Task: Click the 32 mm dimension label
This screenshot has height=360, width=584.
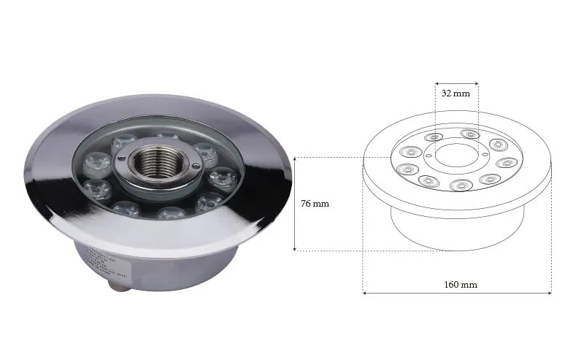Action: (456, 93)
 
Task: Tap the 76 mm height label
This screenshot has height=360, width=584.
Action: (315, 204)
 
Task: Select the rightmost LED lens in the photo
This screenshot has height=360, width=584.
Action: (220, 177)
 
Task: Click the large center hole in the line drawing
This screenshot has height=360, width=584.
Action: (456, 154)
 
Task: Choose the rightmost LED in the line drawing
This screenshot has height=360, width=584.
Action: (506, 163)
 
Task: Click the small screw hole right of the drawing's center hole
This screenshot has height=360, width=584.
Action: (481, 154)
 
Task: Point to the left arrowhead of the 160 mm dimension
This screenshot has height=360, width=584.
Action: (365, 294)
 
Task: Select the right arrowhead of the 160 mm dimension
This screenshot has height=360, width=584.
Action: (550, 294)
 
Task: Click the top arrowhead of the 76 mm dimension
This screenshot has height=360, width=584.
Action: (295, 158)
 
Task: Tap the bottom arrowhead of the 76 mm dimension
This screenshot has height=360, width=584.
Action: (295, 250)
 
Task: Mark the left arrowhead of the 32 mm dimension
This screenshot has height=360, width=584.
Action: (437, 83)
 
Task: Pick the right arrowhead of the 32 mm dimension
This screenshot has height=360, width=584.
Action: (477, 83)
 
